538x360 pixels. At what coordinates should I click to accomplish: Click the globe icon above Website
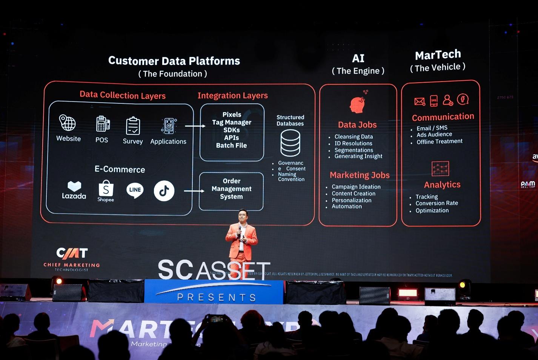[68, 123]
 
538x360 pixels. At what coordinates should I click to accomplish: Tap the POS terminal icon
[102, 124]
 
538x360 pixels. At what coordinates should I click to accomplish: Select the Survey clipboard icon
[133, 126]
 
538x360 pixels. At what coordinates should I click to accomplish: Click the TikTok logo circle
[164, 191]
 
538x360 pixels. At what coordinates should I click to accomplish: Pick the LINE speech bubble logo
[135, 190]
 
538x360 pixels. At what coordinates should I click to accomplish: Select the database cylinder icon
[291, 143]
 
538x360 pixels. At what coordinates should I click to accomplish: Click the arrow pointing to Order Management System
[194, 191]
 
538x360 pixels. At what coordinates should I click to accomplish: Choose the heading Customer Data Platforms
[174, 61]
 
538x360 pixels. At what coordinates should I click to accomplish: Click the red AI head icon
[357, 105]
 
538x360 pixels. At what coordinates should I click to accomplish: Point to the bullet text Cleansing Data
[354, 137]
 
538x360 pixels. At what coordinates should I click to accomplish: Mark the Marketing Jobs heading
[360, 175]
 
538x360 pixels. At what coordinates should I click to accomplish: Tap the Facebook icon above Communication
[463, 99]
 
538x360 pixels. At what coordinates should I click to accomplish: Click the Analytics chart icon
[440, 169]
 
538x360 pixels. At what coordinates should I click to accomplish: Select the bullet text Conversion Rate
[437, 203]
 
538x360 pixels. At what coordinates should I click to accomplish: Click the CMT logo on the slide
[72, 253]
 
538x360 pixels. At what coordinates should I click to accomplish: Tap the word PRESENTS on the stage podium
[217, 297]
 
